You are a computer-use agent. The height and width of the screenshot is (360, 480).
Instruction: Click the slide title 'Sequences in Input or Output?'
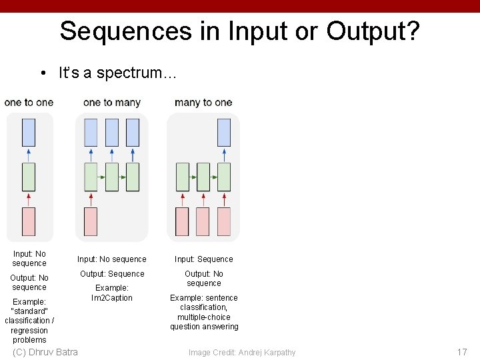(x=239, y=31)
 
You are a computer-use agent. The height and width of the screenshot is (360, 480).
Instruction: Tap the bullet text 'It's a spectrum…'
(x=117, y=73)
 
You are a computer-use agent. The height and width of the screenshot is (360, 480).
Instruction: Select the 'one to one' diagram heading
(x=29, y=103)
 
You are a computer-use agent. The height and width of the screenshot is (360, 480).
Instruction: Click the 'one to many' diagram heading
(x=112, y=103)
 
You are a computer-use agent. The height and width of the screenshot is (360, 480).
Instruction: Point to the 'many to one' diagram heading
(x=203, y=103)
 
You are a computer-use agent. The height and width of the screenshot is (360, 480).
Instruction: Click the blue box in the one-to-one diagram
(x=29, y=132)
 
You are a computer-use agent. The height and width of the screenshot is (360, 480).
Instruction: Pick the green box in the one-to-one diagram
(x=29, y=177)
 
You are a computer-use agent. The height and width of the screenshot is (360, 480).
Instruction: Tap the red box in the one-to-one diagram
(x=29, y=221)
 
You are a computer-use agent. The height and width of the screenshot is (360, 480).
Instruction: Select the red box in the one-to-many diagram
(x=91, y=221)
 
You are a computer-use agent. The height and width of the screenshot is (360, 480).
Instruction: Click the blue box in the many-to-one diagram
(x=224, y=132)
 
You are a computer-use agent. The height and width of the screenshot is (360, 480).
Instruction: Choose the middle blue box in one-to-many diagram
(x=112, y=132)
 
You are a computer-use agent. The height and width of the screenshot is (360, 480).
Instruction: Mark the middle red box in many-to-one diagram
(x=203, y=221)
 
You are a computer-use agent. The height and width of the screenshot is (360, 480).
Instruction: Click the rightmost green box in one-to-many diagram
(x=133, y=177)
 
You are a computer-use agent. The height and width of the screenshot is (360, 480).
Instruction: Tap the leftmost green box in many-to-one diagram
(x=182, y=177)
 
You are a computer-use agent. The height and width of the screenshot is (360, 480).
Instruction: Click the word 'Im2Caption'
(x=112, y=298)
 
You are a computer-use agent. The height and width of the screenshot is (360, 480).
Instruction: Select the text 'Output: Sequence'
(x=112, y=274)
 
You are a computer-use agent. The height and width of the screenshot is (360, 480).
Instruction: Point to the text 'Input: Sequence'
(x=204, y=259)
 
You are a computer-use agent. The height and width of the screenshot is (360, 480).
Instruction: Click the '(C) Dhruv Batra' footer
(x=45, y=352)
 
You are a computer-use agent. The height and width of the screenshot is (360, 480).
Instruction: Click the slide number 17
(x=462, y=352)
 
